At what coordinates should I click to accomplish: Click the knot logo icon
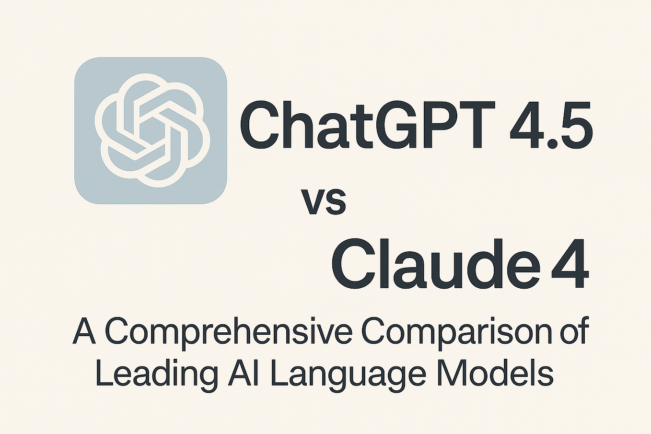(151, 130)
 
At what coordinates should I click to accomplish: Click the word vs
(324, 201)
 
